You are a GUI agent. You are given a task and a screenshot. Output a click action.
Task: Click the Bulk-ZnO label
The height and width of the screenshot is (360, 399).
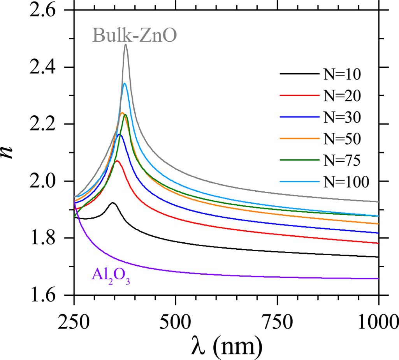(135, 36)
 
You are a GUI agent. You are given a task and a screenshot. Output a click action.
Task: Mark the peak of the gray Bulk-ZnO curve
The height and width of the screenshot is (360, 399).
(126, 45)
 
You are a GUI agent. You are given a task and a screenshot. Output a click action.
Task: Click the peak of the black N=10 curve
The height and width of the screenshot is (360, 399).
(113, 203)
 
